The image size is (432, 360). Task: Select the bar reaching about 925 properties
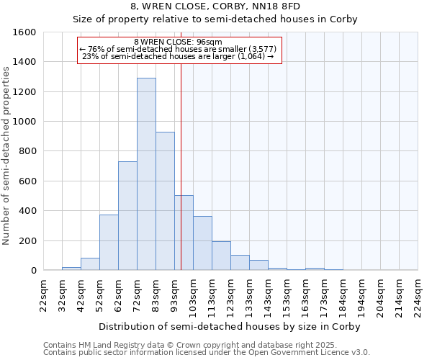165,202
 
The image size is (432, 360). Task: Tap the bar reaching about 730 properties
127,216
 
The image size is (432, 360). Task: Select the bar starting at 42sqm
90,264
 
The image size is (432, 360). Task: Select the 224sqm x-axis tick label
418,296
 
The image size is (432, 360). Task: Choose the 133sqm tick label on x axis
250,296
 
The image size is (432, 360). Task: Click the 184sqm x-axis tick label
343,296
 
